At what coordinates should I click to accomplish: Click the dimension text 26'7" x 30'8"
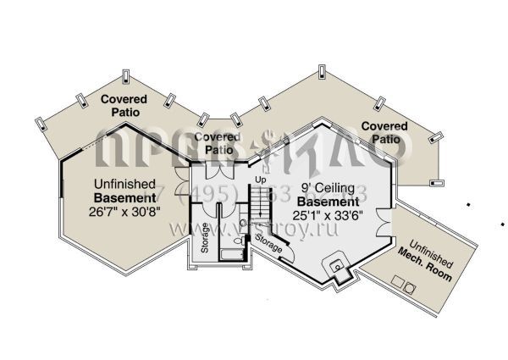(x=125, y=213)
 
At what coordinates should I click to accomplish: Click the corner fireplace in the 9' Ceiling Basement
(x=340, y=269)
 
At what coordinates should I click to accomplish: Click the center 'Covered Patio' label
(x=218, y=142)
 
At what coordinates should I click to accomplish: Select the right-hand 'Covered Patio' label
(x=384, y=132)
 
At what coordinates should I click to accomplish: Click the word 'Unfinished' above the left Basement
(x=124, y=183)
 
